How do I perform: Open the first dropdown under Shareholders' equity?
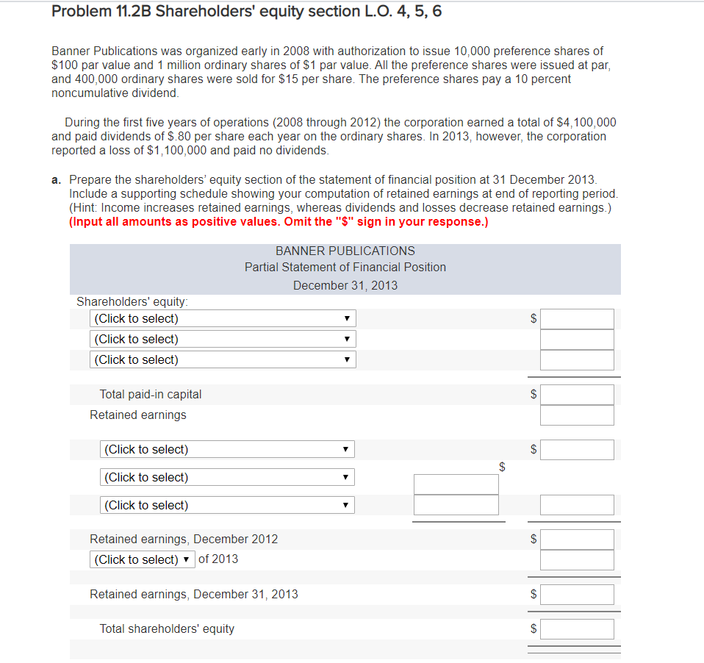(x=223, y=318)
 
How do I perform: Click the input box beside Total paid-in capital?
(x=577, y=395)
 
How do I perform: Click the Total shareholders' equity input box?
(x=577, y=629)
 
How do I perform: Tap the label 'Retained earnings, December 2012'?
(x=184, y=539)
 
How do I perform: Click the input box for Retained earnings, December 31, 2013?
(x=577, y=594)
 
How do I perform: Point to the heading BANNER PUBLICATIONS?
(x=345, y=251)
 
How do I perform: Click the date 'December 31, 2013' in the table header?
(x=345, y=285)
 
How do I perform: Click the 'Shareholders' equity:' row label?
(x=132, y=301)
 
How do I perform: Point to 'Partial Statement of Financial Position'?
(x=345, y=268)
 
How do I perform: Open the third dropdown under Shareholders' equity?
(x=223, y=359)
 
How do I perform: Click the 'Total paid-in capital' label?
(x=151, y=395)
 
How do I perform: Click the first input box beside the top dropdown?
(x=577, y=319)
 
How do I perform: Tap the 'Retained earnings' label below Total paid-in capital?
(x=138, y=415)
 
